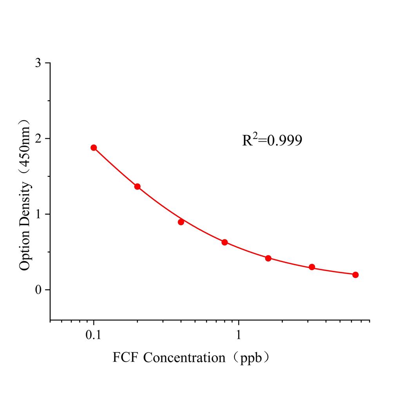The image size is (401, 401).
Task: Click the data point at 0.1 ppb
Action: click(94, 148)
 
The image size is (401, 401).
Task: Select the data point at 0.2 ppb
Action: click(137, 186)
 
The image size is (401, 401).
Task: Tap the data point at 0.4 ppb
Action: click(181, 222)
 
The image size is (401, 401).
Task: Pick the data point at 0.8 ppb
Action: click(225, 242)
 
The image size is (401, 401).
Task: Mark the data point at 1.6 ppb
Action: click(268, 258)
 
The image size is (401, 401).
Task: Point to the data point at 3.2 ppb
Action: click(312, 267)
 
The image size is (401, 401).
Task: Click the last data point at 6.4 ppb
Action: click(356, 275)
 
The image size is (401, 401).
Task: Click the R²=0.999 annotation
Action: click(272, 140)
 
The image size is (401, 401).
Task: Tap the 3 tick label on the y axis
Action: click(38, 63)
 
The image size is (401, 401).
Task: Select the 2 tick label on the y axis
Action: click(38, 139)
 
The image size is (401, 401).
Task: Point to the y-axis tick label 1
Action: click(38, 214)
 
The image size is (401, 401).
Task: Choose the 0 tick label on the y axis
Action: click(38, 290)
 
